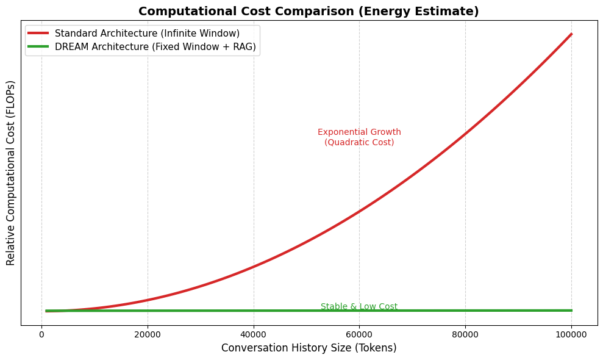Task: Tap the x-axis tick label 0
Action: [x=41, y=334]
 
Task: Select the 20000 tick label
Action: [x=148, y=334]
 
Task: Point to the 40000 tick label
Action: [x=254, y=334]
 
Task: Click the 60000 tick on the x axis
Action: [x=359, y=334]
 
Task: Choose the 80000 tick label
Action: [x=465, y=334]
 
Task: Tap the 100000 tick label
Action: [x=571, y=334]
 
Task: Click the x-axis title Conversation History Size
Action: [x=309, y=348]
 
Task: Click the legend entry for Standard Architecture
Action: [x=147, y=33]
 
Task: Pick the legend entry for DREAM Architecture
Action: [x=155, y=47]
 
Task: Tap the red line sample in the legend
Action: [x=40, y=33]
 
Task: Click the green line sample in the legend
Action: [x=40, y=47]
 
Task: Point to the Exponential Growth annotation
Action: [x=359, y=132]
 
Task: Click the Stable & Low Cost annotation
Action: [x=359, y=306]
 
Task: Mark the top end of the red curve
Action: [x=571, y=34]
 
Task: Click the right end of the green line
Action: [x=571, y=310]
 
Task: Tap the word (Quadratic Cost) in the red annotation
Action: [x=359, y=142]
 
